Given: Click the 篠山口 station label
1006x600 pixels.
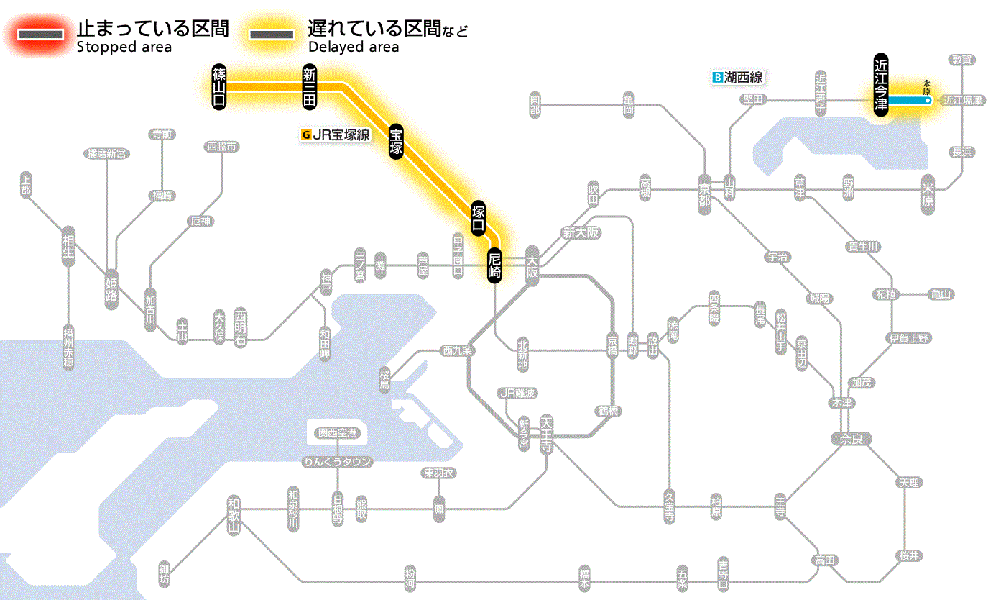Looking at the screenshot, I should click(x=219, y=86).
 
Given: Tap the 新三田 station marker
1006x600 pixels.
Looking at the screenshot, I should click(x=310, y=86).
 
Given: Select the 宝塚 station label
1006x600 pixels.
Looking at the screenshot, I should click(x=396, y=141).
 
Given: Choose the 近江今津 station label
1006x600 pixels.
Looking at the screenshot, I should click(x=881, y=83).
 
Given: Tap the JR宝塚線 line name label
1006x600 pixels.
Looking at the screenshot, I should click(x=336, y=134).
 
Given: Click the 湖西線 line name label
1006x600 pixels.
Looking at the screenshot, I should click(x=737, y=77).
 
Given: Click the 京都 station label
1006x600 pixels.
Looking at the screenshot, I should click(x=704, y=191).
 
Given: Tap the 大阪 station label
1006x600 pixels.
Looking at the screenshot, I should click(x=532, y=265).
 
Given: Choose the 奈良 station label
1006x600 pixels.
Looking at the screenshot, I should click(x=850, y=438).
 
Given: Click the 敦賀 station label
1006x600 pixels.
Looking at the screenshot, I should click(x=963, y=60).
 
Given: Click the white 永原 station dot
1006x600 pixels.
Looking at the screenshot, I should click(x=928, y=101).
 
